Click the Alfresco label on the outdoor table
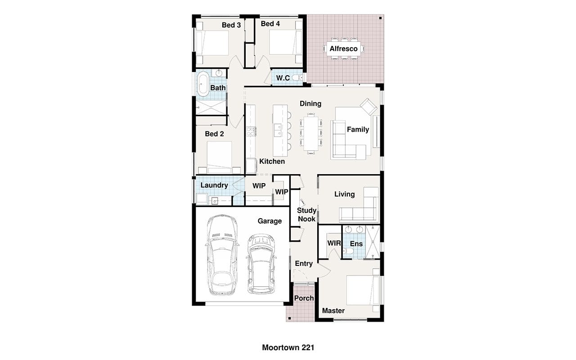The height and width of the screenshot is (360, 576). [343, 49]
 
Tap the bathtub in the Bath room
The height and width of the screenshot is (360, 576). [203, 84]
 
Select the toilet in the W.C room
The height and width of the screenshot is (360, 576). [297, 77]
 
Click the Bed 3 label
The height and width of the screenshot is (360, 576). [231, 25]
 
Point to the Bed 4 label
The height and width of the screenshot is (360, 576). [270, 24]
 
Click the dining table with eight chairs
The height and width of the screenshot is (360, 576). [311, 134]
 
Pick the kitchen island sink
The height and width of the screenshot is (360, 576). [277, 130]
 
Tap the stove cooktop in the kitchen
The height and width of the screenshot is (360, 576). [251, 131]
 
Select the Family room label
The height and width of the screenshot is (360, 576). [358, 129]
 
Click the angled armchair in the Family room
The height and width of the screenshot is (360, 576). [369, 107]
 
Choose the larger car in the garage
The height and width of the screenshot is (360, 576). [222, 255]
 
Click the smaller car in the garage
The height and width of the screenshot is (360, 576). [261, 264]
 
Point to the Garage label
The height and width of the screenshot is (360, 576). [270, 221]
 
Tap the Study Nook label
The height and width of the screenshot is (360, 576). [306, 215]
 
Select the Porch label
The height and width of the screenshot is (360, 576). [304, 298]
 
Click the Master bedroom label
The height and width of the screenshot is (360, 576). [333, 310]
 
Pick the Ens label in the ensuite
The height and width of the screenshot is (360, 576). [356, 243]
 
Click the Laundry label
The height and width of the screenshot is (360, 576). [214, 185]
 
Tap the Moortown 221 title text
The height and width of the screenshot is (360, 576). [288, 347]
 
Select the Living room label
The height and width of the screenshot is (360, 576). [344, 194]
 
